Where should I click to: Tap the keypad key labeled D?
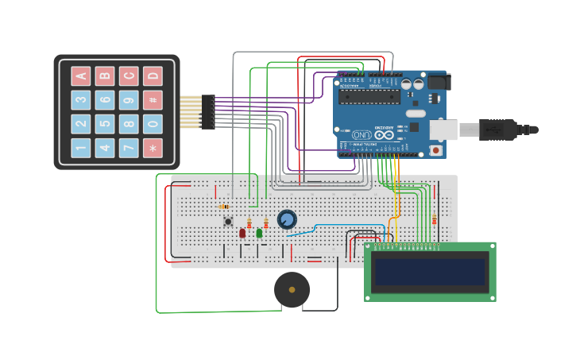(x=153, y=76)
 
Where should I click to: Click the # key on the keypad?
(x=153, y=100)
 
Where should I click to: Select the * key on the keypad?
(x=153, y=148)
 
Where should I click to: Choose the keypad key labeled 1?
(x=81, y=148)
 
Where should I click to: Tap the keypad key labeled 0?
(x=153, y=124)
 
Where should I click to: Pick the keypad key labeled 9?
(x=129, y=100)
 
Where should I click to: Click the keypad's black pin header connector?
(x=207, y=112)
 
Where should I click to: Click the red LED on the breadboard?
(x=242, y=233)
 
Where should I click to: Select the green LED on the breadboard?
(x=259, y=233)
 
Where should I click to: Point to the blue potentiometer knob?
(x=287, y=219)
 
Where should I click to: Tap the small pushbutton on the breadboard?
(x=228, y=221)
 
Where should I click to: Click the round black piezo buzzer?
(x=292, y=290)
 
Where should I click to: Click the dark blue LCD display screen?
(x=430, y=272)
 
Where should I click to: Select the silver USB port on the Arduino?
(x=443, y=130)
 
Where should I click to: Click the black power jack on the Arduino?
(x=438, y=81)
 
